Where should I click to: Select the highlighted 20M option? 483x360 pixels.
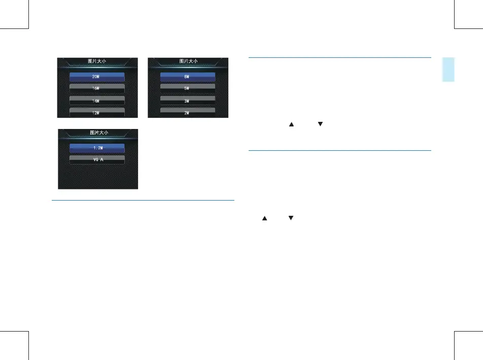(97, 77)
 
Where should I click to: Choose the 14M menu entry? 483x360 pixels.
(97, 100)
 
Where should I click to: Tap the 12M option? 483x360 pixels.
(97, 111)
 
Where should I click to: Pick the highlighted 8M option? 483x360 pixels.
(188, 77)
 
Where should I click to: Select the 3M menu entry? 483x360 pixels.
(188, 100)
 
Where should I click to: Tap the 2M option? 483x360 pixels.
(188, 111)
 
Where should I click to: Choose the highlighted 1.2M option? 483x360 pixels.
(97, 148)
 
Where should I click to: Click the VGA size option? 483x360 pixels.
(97, 158)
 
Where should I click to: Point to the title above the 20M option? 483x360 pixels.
(97, 61)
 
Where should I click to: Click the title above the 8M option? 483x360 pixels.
(188, 61)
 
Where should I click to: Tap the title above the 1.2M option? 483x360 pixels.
(97, 133)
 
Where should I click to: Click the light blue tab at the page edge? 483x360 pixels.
(447, 70)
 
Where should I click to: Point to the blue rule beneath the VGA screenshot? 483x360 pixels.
(143, 200)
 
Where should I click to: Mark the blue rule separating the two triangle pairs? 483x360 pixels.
(339, 150)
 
